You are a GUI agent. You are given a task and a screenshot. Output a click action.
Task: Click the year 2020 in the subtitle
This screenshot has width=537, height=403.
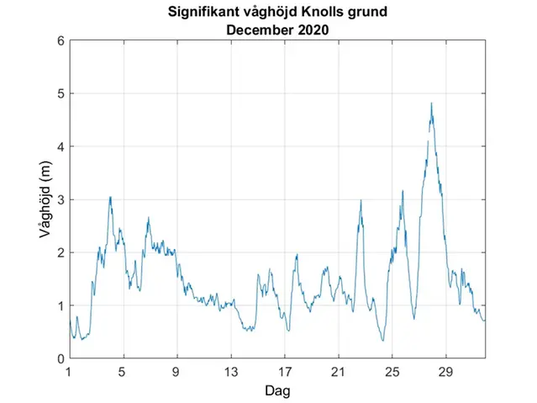(311, 29)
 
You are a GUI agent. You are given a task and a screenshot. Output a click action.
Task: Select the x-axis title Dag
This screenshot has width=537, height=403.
(277, 390)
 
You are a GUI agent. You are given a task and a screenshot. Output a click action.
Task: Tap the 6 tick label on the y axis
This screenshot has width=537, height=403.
(60, 40)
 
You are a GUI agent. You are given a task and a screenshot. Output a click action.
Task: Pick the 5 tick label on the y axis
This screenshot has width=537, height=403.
(60, 93)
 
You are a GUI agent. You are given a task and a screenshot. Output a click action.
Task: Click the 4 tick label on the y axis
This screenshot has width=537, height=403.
(60, 146)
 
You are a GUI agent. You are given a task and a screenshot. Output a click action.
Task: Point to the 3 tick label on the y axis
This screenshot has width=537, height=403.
(60, 199)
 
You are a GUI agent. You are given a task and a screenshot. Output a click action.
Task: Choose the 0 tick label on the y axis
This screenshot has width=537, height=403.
(60, 358)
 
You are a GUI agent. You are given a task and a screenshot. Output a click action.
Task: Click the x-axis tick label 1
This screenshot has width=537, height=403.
(70, 371)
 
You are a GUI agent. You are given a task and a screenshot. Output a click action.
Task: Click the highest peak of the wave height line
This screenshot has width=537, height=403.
(431, 103)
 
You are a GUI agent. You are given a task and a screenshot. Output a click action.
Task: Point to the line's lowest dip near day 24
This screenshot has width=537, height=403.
(382, 340)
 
